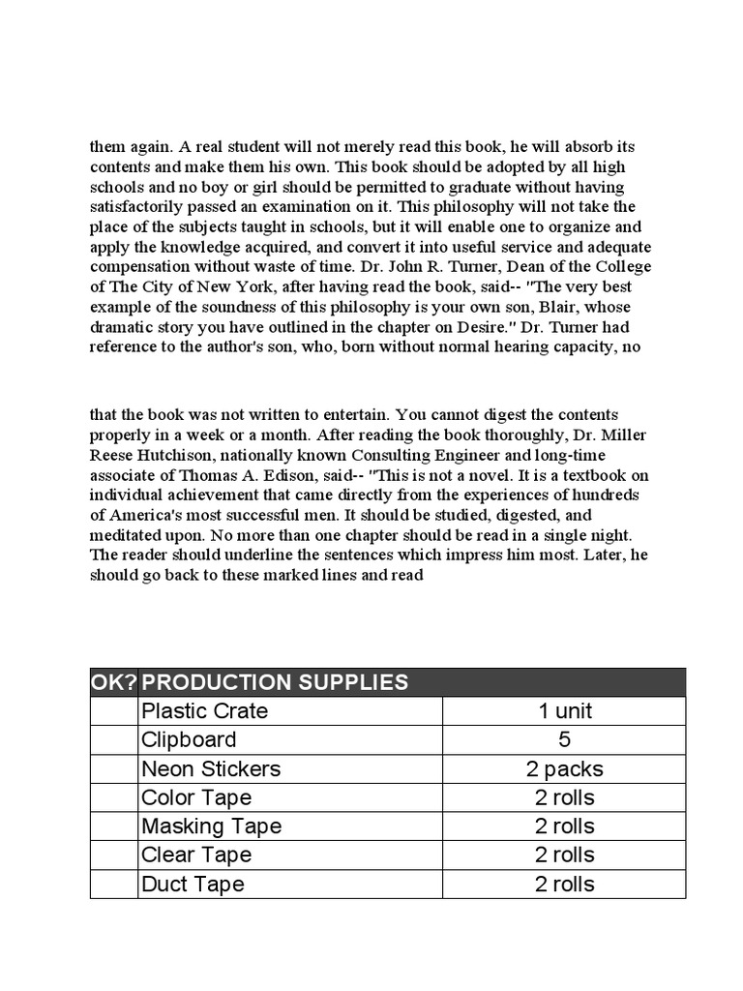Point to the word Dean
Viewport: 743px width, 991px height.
[479, 266]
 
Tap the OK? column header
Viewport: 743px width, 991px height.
[113, 682]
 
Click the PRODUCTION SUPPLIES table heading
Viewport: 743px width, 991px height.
[275, 682]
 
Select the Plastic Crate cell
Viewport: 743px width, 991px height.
[204, 711]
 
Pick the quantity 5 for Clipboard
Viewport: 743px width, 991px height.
[564, 740]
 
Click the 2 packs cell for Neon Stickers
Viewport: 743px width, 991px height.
[564, 769]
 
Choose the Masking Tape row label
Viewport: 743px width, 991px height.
[211, 826]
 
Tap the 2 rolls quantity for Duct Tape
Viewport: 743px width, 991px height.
[564, 884]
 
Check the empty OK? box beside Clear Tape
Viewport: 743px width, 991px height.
[113, 856]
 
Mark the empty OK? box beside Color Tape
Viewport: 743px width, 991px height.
[113, 797]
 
